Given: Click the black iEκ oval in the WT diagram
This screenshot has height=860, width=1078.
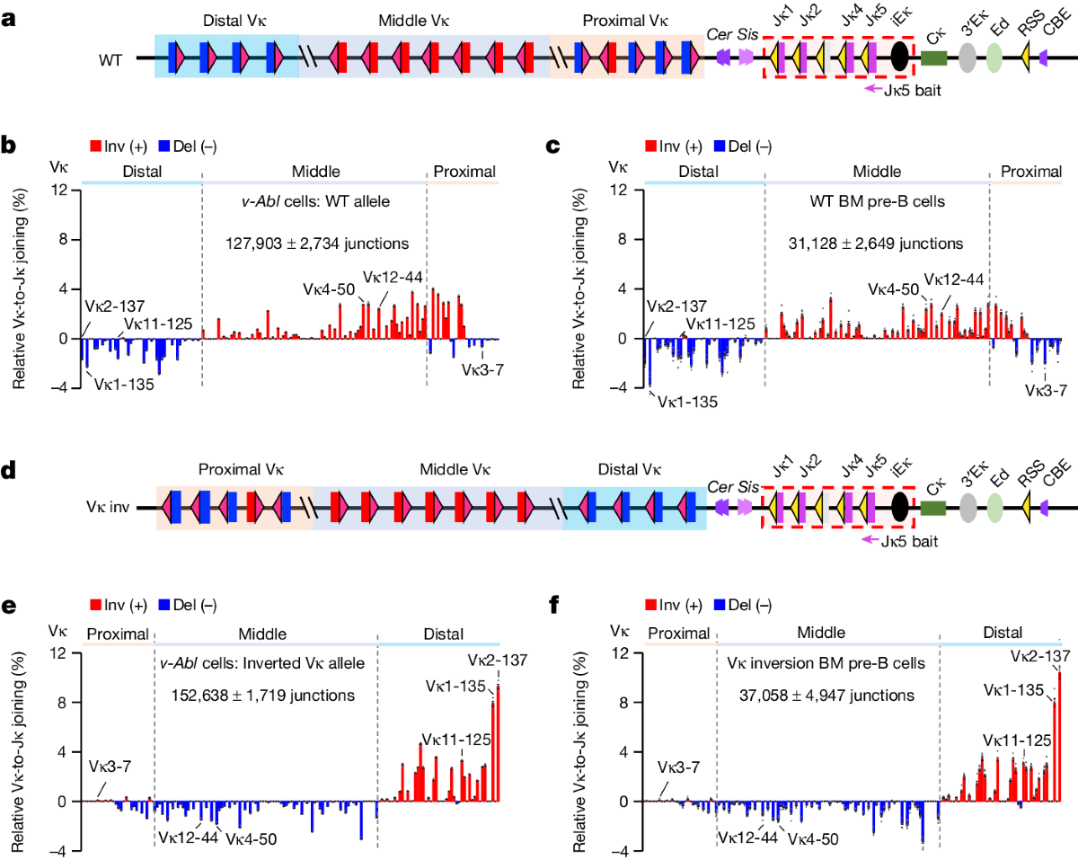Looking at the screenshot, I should (899, 59).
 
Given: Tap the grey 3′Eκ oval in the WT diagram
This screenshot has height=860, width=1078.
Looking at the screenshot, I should (967, 59).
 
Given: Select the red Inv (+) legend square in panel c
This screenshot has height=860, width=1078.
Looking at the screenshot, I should (649, 145).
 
